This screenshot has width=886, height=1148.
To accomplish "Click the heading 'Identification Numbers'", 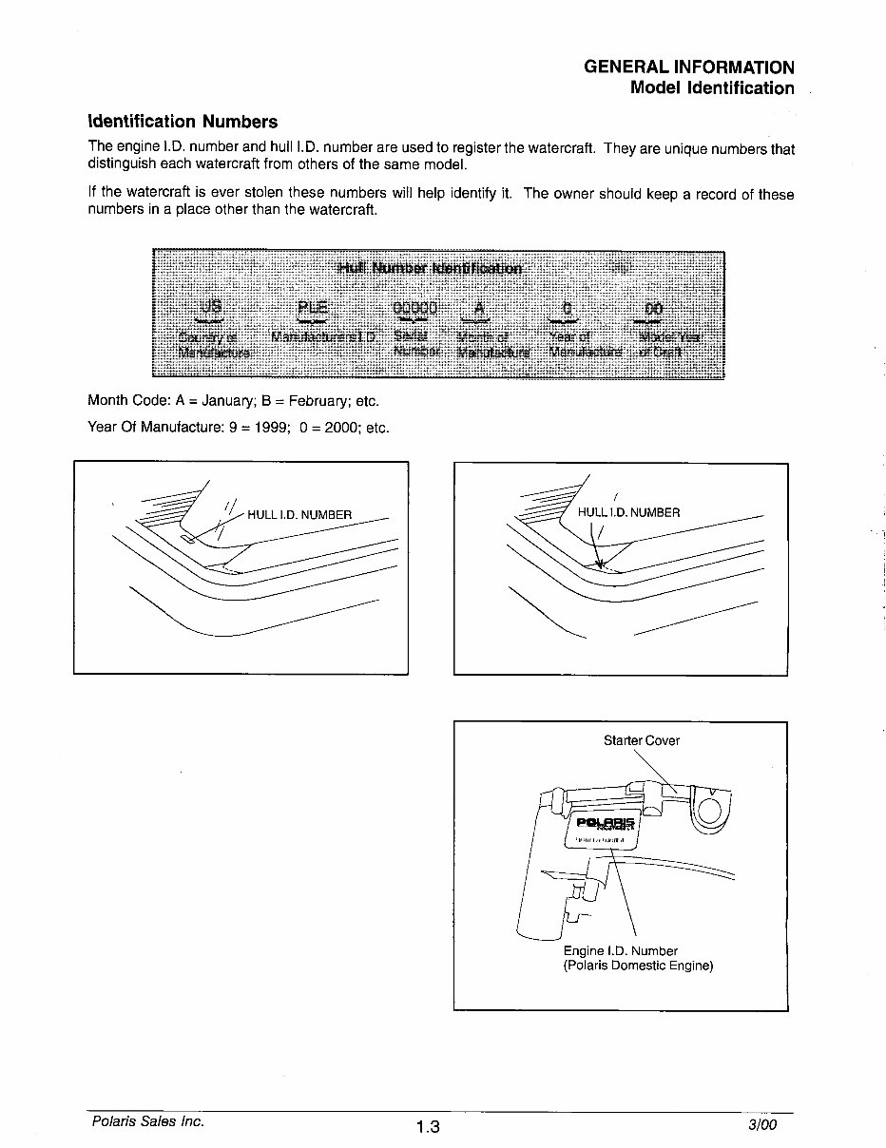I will tap(183, 122).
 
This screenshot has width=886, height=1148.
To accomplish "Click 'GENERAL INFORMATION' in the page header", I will tap(689, 67).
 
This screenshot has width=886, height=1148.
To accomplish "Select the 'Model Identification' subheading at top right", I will tap(712, 88).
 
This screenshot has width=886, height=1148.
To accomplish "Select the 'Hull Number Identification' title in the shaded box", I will tap(430, 268).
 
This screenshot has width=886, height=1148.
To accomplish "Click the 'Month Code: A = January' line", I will tap(233, 401).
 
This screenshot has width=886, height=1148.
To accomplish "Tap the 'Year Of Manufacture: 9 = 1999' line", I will tap(239, 428).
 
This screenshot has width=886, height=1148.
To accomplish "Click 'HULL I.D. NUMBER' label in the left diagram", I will tap(299, 515).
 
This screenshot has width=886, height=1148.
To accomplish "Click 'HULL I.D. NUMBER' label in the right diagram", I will tap(629, 512).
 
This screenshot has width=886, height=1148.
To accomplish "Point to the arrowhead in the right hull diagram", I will tap(600, 564).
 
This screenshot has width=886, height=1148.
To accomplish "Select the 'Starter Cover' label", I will tap(642, 740).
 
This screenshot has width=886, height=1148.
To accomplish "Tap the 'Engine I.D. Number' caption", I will tap(620, 950).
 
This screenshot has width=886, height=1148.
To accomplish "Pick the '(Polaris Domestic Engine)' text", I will tap(638, 966).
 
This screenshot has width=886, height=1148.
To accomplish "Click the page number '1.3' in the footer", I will tap(429, 1127).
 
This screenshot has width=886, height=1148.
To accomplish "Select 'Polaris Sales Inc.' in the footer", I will tap(148, 1121).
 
